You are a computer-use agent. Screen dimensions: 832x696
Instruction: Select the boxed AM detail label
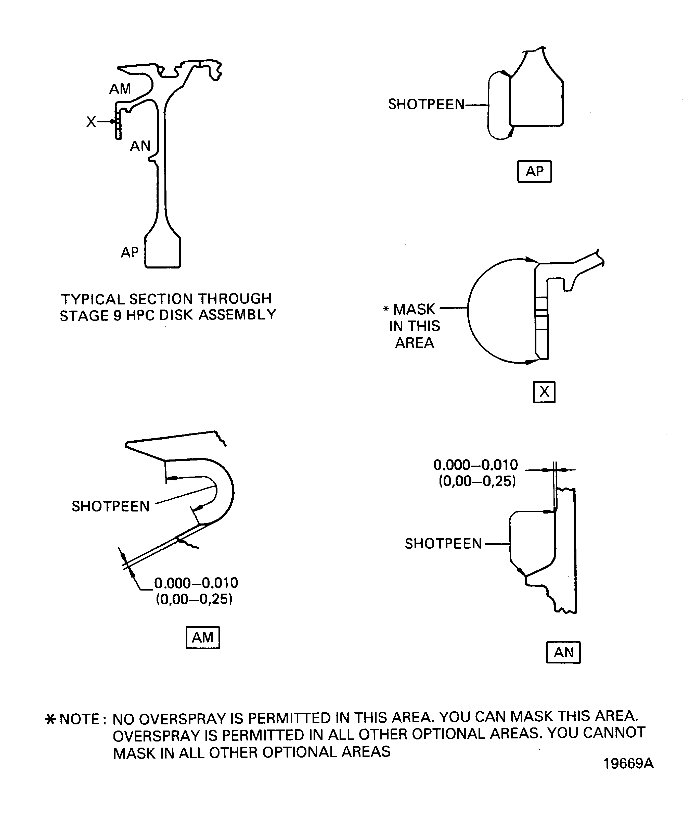point(202,637)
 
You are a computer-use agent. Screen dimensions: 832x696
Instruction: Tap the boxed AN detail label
point(563,652)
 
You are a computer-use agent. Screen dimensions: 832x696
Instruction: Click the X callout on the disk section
point(91,122)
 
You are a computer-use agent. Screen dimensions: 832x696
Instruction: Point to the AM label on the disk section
point(120,89)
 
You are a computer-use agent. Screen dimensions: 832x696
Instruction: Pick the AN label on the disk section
point(140,146)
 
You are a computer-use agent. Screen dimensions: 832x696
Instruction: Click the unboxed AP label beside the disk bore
point(130,252)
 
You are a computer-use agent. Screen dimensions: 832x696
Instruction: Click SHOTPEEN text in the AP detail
point(426,105)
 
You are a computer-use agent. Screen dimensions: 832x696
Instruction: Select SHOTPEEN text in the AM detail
point(111,506)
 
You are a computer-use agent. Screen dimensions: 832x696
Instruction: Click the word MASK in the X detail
point(414,309)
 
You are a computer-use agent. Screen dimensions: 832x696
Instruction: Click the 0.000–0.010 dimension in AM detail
point(196,583)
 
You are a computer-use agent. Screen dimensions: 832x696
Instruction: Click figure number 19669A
point(628,763)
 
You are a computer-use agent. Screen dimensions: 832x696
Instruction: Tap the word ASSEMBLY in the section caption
point(237,315)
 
